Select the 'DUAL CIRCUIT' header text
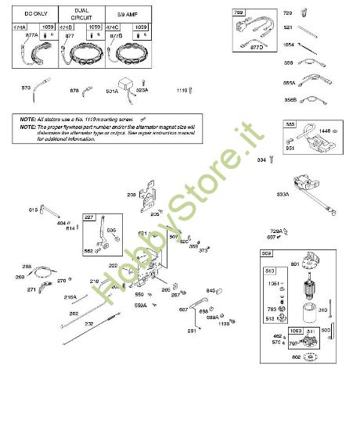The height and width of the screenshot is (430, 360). tap(81, 14)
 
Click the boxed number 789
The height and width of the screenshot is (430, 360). tap(239, 13)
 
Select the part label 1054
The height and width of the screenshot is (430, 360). tap(288, 45)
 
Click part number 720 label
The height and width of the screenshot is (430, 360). tap(286, 13)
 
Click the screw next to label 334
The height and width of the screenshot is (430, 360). tap(271, 160)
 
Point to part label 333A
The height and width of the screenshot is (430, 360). tap(281, 194)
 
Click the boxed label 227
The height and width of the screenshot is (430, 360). tap(90, 217)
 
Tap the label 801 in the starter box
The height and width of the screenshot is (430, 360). tap(296, 263)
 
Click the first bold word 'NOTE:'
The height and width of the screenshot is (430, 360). tap(27, 118)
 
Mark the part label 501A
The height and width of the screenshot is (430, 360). tap(111, 91)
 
